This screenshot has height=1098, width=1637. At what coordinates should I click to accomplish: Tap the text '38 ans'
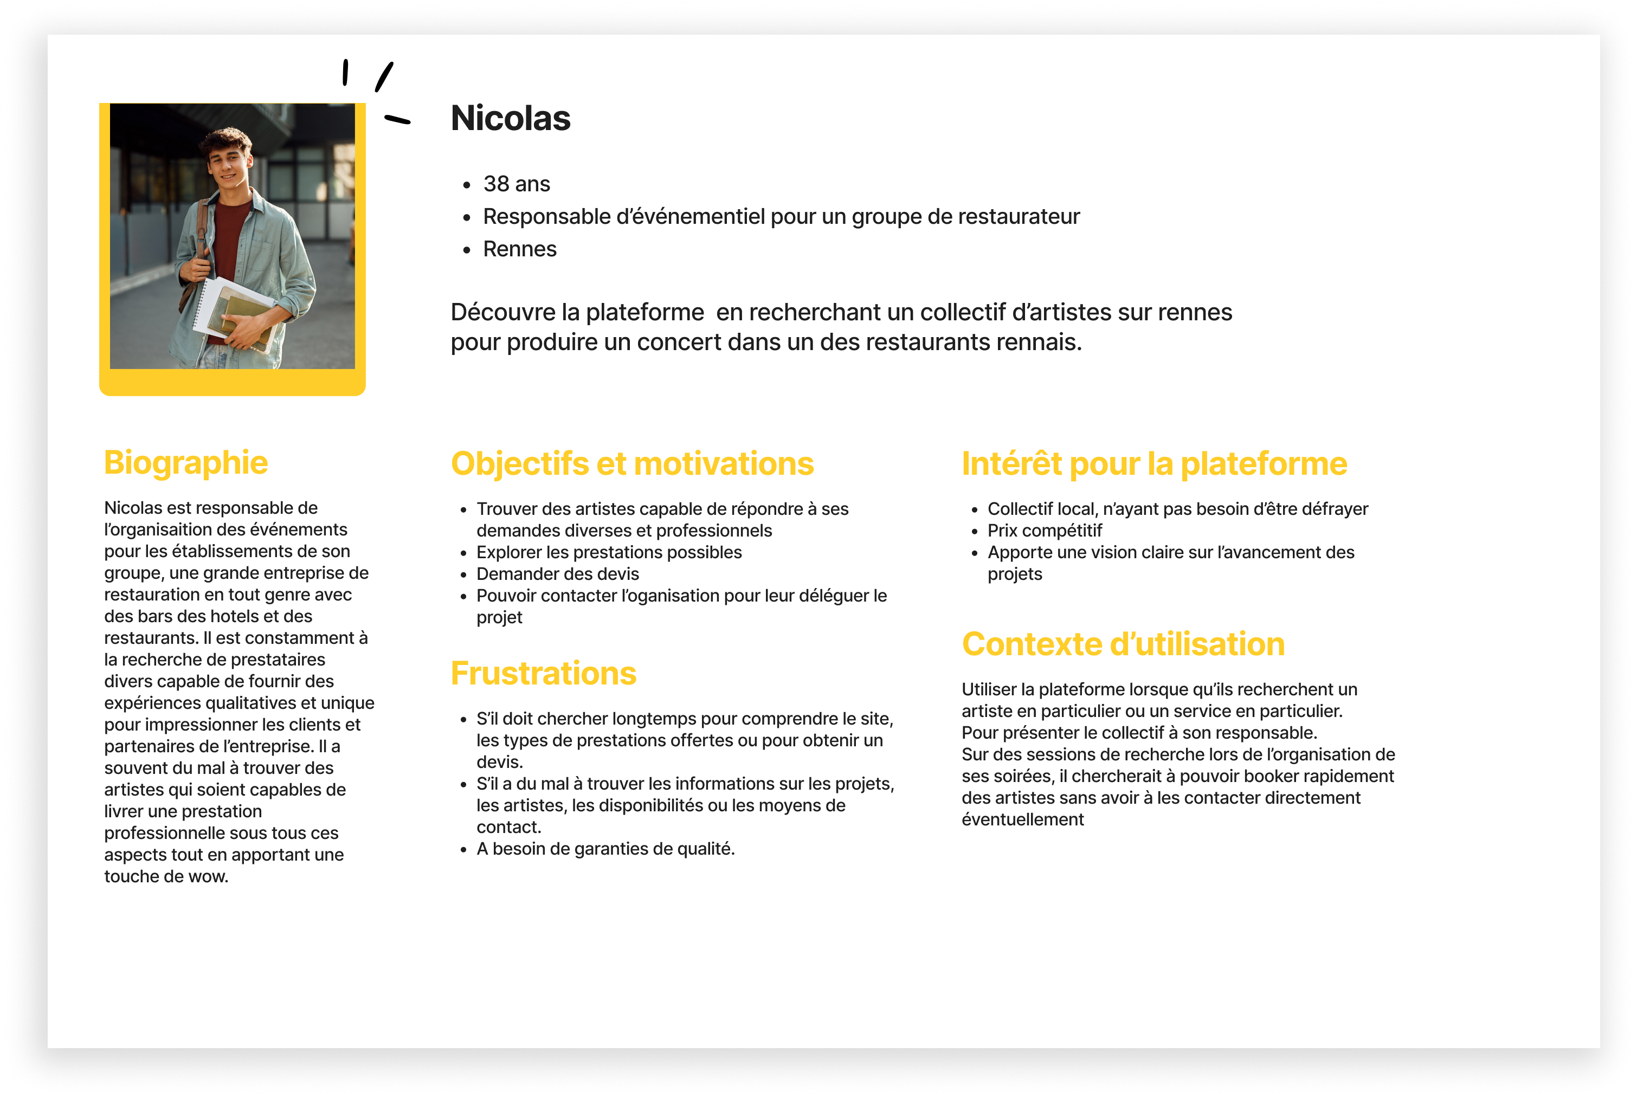516,184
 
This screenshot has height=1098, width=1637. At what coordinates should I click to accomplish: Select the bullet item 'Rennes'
519,249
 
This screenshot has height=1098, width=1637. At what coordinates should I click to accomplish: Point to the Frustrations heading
543,673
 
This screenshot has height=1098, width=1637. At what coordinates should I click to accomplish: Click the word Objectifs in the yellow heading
519,463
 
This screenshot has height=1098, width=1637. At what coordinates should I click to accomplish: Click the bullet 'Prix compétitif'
1044,530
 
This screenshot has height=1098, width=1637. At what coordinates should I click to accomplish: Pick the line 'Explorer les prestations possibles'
608,552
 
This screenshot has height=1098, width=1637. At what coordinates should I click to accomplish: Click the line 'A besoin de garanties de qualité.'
605,849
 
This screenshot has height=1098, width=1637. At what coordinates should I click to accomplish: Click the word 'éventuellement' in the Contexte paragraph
1022,819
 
